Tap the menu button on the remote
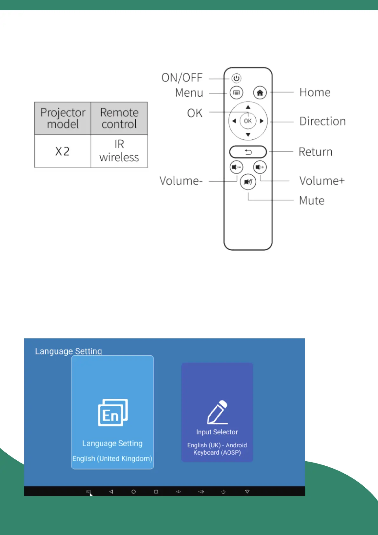tap(236, 93)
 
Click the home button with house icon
tap(260, 93)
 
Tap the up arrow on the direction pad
tap(248, 107)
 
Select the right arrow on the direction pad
tap(262, 121)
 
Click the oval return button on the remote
tap(248, 152)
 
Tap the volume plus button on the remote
tap(260, 167)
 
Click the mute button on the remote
tap(248, 182)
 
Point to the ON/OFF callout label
tap(182, 78)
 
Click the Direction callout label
tap(322, 121)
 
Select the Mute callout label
tap(312, 201)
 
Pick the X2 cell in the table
tap(63, 151)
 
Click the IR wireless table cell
tap(119, 151)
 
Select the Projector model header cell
tap(63, 118)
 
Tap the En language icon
tap(113, 412)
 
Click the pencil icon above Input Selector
tap(218, 412)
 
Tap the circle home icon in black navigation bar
tap(133, 491)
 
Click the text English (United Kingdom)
tap(112, 459)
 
